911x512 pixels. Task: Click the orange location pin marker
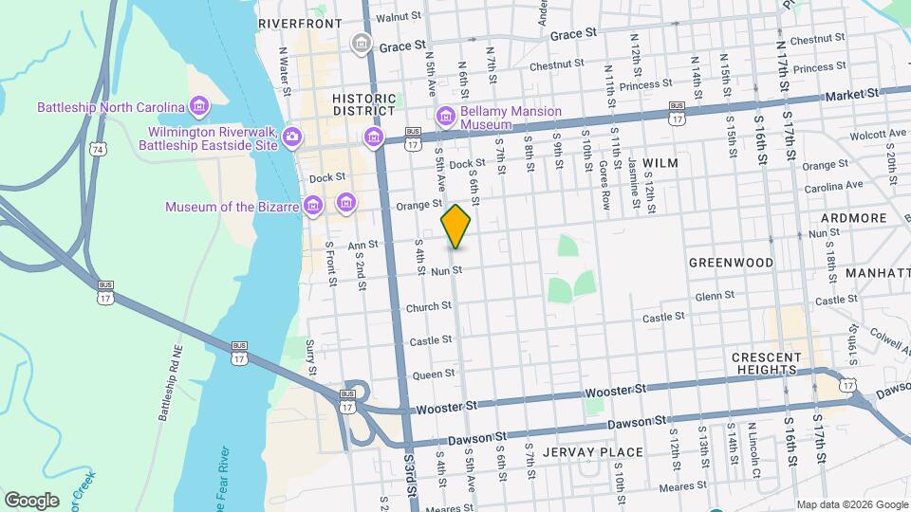point(456,226)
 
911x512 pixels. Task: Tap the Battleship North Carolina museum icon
point(198,106)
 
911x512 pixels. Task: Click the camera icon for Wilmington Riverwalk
point(292,137)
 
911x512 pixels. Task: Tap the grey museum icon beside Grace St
point(361,44)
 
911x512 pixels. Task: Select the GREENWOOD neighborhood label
point(731,262)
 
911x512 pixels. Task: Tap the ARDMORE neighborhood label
point(854,218)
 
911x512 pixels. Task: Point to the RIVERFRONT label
point(300,23)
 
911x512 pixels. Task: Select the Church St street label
point(429,307)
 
